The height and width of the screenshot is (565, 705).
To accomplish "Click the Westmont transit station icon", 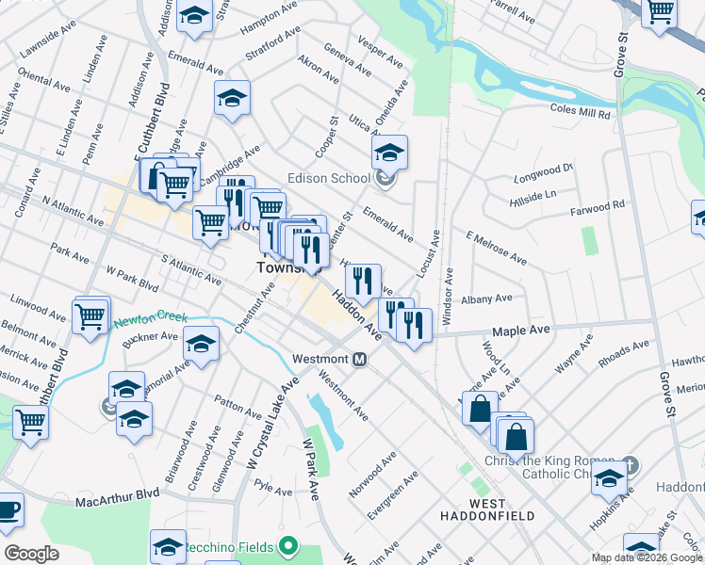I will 359,359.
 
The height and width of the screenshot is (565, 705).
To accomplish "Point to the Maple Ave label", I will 520,331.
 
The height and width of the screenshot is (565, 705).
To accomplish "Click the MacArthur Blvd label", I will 119,493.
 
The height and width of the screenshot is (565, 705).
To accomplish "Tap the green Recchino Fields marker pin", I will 289,546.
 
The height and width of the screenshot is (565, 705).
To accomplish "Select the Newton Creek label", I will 145,320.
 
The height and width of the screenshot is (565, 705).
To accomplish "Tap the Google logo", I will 31,554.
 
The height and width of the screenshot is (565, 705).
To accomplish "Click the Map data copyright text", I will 647,557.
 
